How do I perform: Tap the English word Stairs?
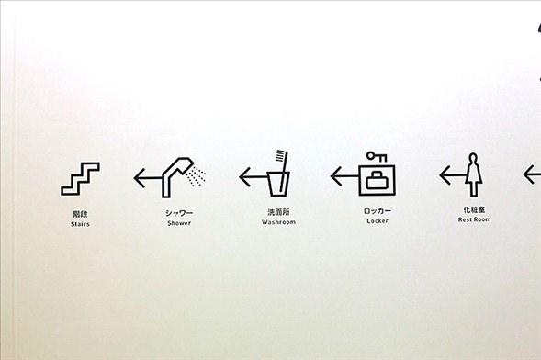tap(80, 224)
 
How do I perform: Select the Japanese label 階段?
tap(80, 214)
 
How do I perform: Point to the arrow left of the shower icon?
tap(148, 178)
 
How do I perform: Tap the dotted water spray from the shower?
tap(196, 175)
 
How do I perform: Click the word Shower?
tap(179, 223)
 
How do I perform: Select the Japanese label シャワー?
tap(179, 213)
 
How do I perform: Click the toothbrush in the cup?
tap(283, 169)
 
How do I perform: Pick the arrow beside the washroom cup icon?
tap(254, 177)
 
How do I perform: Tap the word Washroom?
tap(278, 222)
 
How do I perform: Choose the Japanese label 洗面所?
tap(278, 212)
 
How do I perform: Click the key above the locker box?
tap(377, 157)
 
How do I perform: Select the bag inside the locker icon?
tap(377, 180)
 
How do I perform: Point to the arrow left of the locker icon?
tap(344, 176)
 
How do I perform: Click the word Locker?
tap(378, 221)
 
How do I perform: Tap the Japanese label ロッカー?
tap(378, 210)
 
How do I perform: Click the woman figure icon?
tap(473, 175)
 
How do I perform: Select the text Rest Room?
tap(475, 219)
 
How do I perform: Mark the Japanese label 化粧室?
tap(475, 209)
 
